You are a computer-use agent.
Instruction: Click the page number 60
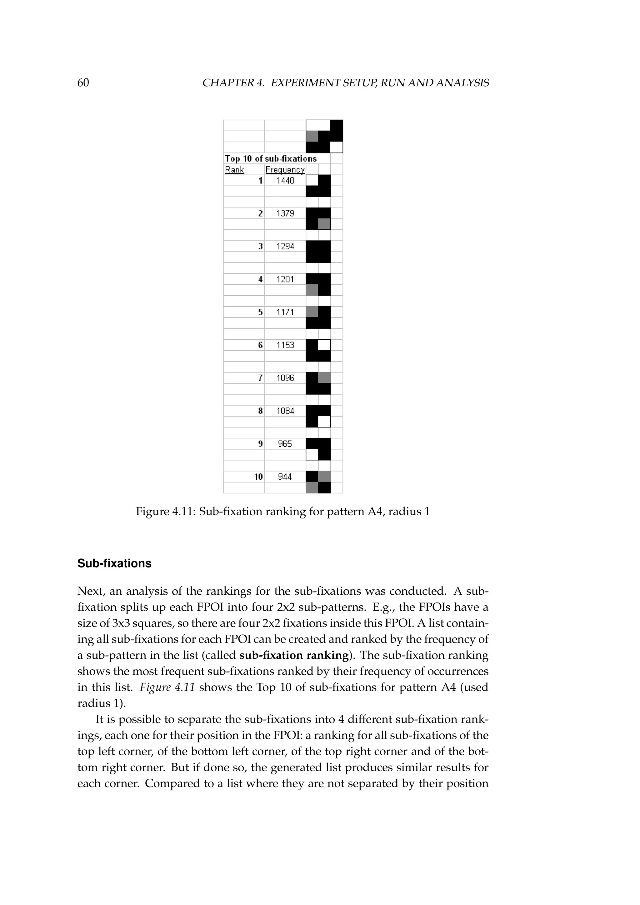(83, 83)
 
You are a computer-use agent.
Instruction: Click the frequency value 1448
(285, 181)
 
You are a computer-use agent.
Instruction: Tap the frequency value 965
(285, 444)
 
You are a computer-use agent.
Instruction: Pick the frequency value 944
(285, 477)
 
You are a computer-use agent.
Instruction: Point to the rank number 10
(258, 477)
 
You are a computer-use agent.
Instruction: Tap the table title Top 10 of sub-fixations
(271, 158)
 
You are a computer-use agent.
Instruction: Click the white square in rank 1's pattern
(312, 181)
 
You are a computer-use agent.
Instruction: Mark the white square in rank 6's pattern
(324, 345)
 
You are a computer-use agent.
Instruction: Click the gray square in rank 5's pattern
(312, 312)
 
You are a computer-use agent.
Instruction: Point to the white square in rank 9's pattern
(312, 454)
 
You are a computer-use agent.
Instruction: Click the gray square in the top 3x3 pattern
(312, 136)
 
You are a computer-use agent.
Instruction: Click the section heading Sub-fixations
(114, 564)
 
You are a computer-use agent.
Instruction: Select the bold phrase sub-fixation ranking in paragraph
(294, 655)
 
